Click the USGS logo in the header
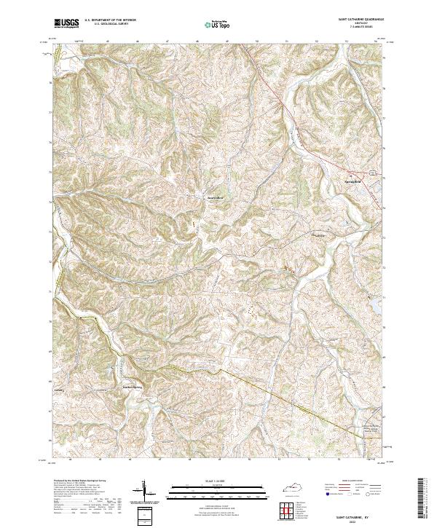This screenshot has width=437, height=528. pyautogui.click(x=66, y=23)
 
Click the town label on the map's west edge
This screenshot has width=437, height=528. pyautogui.click(x=60, y=389)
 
